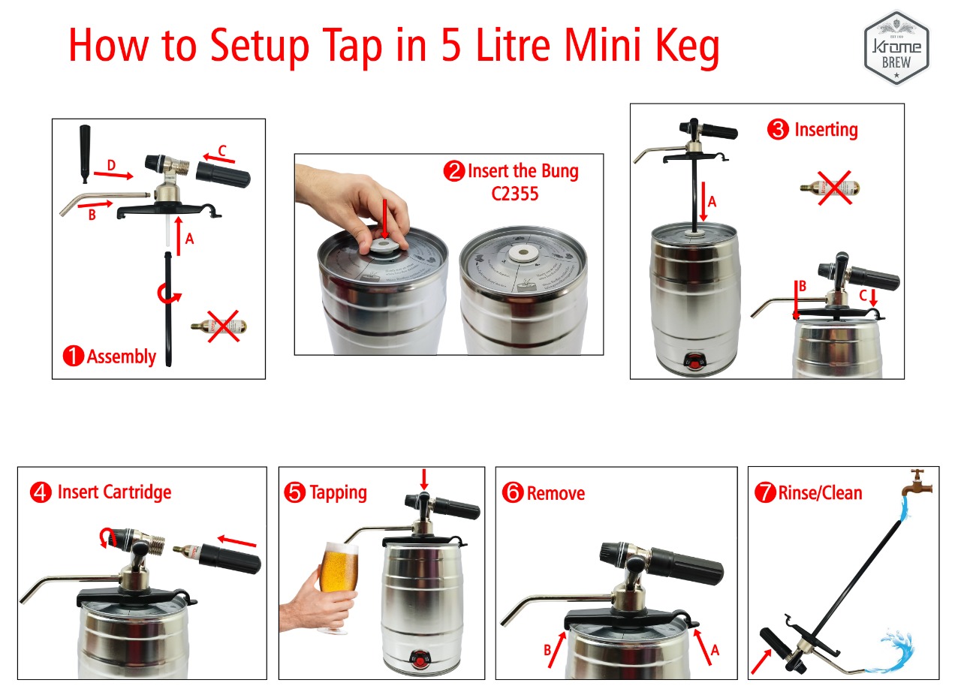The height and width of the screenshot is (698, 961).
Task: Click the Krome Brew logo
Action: point(896,47)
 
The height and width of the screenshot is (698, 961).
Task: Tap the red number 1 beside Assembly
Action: point(74,357)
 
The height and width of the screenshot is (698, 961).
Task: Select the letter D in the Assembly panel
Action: point(111,164)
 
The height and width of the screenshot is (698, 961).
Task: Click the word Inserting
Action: point(825,130)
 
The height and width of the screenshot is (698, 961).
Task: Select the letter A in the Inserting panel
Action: point(712,201)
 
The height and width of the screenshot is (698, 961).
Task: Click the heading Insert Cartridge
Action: point(114,492)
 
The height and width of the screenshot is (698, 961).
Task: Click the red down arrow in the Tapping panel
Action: point(424,478)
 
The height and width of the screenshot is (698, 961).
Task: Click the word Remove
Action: point(556,494)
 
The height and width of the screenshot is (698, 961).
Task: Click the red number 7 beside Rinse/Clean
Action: point(764,493)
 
